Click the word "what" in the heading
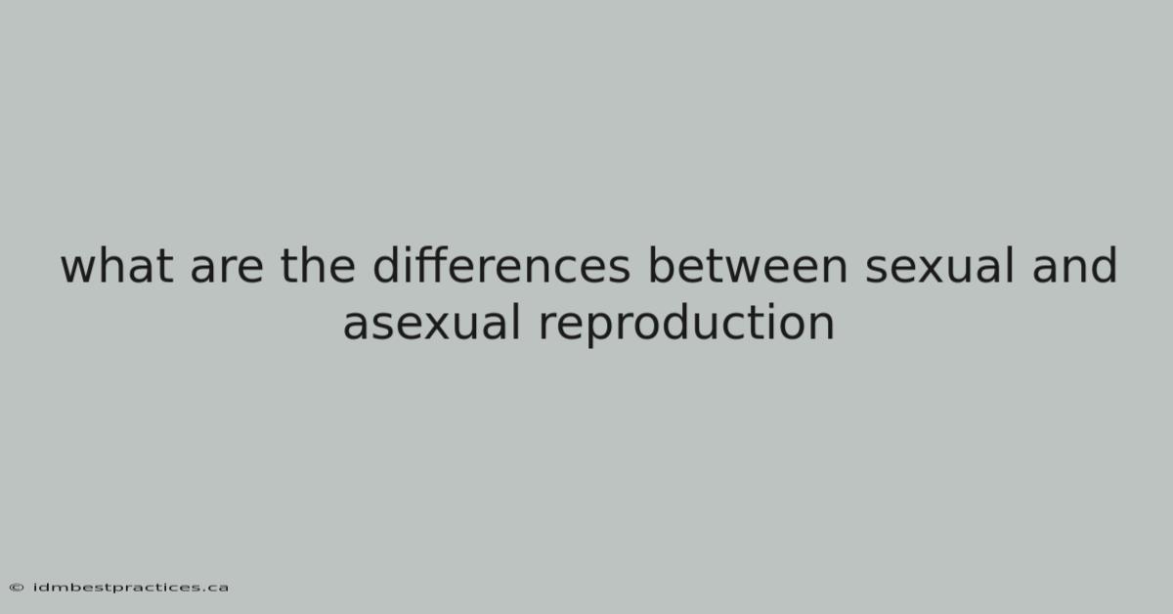point(116,265)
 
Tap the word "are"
point(226,270)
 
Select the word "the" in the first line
point(318,265)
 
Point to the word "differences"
point(501,265)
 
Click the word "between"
point(747,265)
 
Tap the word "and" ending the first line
point(1074,265)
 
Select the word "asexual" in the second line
point(431,323)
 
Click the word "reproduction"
point(686,325)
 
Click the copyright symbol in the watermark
point(17,588)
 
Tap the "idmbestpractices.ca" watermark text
point(131,588)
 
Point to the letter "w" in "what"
point(78,270)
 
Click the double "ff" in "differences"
point(427,265)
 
